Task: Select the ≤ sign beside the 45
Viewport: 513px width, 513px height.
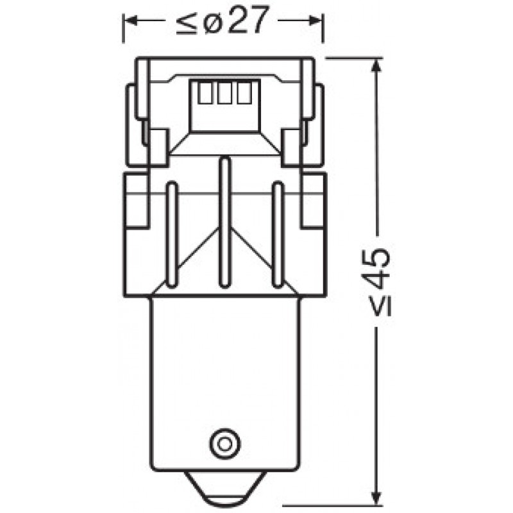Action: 380,305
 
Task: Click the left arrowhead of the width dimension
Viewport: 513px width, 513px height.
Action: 131,21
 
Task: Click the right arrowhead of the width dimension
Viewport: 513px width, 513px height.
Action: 315,21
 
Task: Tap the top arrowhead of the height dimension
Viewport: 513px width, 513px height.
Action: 376,65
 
